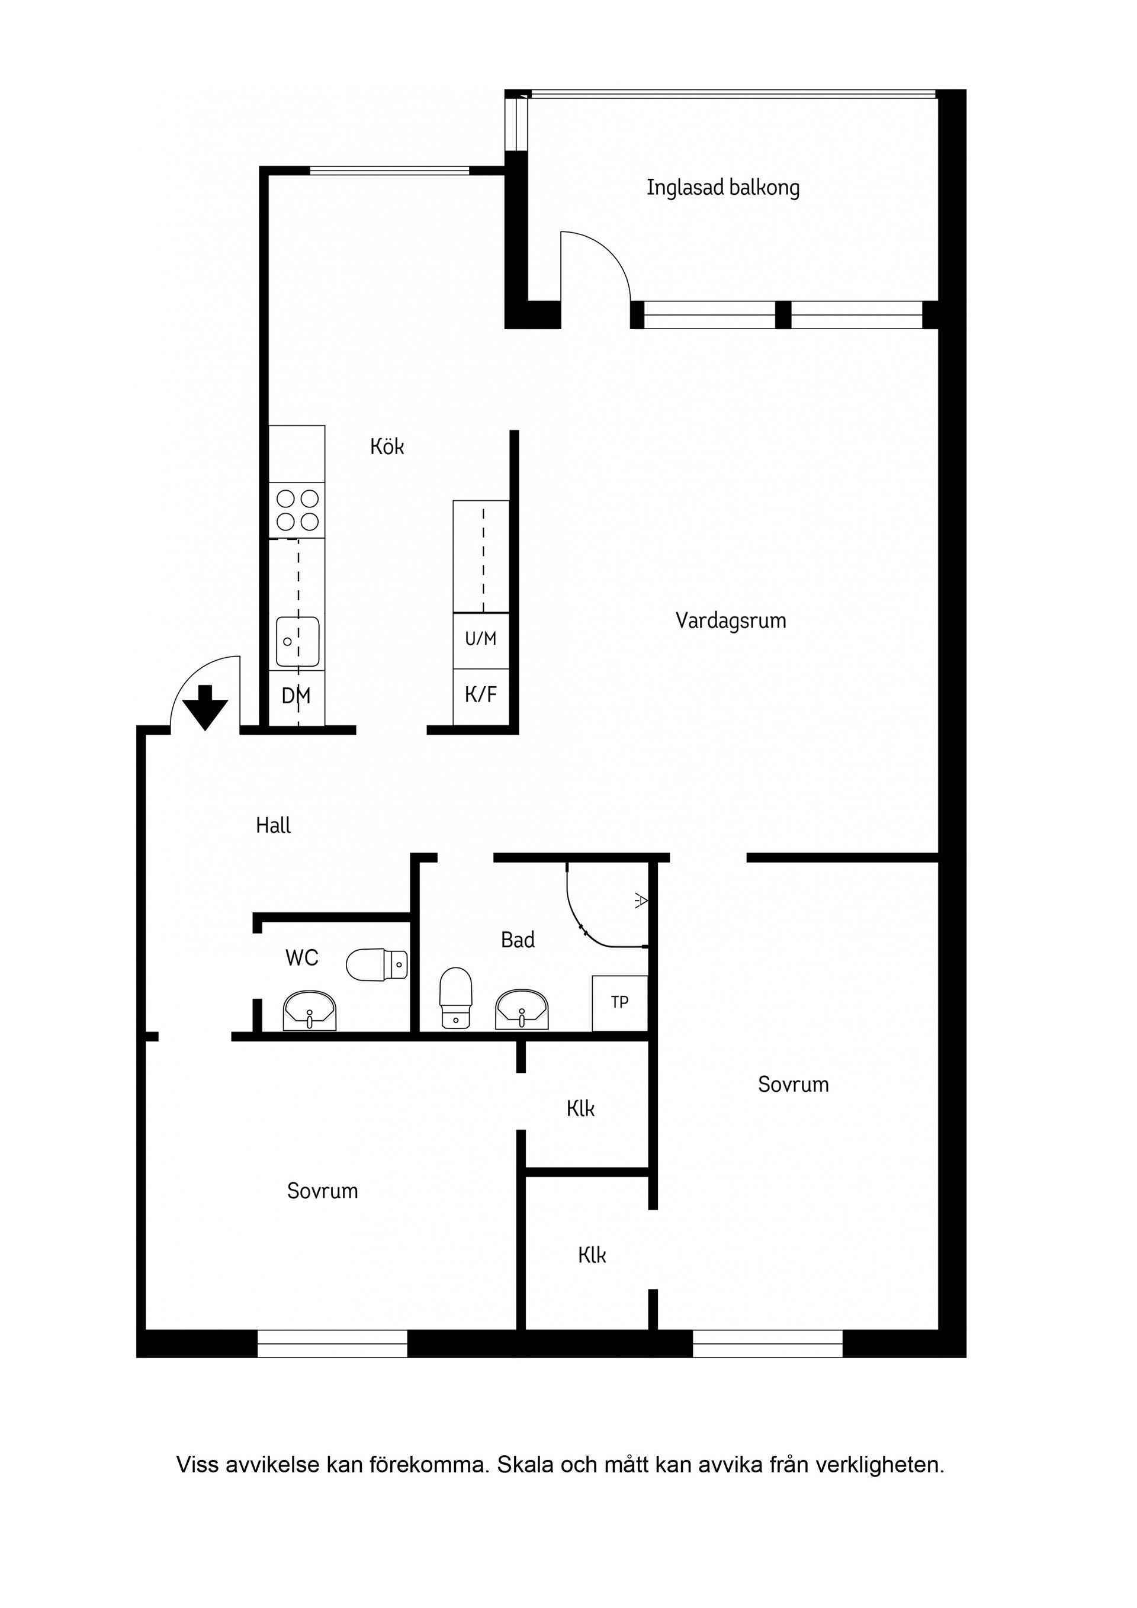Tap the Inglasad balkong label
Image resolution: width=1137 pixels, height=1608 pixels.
(x=722, y=188)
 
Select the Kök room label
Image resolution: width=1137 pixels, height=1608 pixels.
(x=387, y=447)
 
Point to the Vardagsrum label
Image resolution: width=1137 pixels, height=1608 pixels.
(x=730, y=620)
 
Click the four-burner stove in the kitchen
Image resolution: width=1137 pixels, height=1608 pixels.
(x=297, y=510)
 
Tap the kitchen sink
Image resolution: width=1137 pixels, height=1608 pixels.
(x=297, y=641)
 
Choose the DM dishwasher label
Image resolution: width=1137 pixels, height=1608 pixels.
(x=296, y=696)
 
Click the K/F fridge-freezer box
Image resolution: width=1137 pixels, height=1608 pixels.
(x=481, y=694)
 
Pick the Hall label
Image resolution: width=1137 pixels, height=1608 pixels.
(x=273, y=826)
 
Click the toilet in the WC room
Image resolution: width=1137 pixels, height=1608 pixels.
(x=377, y=964)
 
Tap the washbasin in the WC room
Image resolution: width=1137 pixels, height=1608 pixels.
(x=310, y=1011)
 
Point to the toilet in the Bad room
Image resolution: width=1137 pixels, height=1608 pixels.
(x=455, y=996)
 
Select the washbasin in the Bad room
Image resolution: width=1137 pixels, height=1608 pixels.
(x=521, y=1010)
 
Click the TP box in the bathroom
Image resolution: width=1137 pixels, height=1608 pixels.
(x=619, y=1002)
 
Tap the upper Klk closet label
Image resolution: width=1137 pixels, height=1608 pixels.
(x=580, y=1109)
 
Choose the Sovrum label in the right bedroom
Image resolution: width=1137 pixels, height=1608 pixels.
(x=793, y=1085)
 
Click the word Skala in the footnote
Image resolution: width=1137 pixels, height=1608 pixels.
(x=523, y=1465)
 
